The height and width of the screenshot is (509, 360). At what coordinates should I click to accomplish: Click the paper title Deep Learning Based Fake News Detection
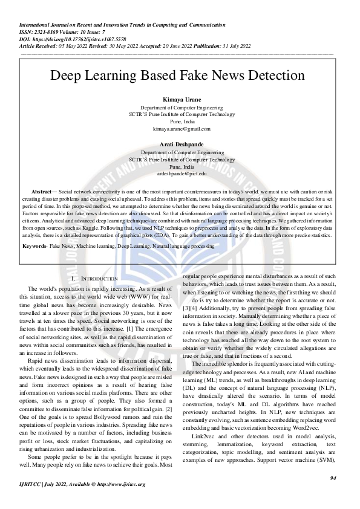[177, 76]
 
